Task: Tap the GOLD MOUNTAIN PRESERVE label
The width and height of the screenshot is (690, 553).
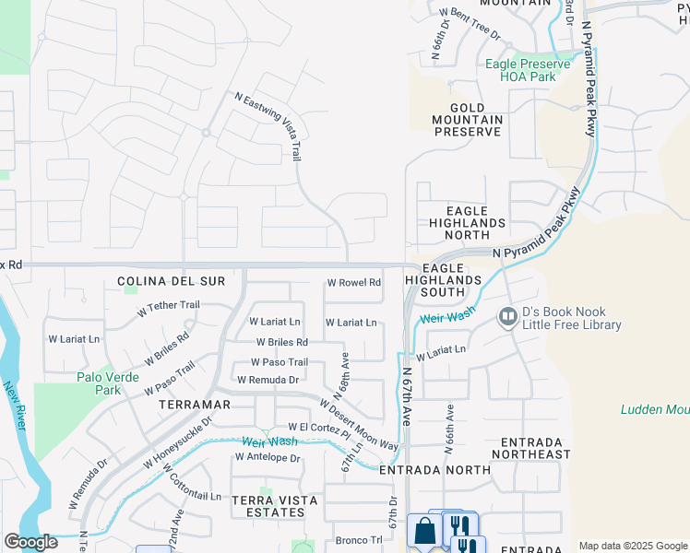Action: click(x=469, y=120)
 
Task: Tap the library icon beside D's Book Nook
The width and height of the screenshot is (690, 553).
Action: click(x=506, y=318)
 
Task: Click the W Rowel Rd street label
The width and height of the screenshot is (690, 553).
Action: click(x=354, y=283)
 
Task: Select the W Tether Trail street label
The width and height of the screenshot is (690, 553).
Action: click(x=168, y=308)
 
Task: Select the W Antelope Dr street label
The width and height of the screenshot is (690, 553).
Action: click(x=268, y=457)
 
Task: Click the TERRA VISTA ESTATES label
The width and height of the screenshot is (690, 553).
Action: click(x=275, y=506)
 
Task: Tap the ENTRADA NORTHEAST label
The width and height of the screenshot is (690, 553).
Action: click(x=531, y=448)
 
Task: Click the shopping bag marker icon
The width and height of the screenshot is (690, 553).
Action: click(x=424, y=532)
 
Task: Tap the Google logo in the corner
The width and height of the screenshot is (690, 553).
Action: click(x=30, y=542)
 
